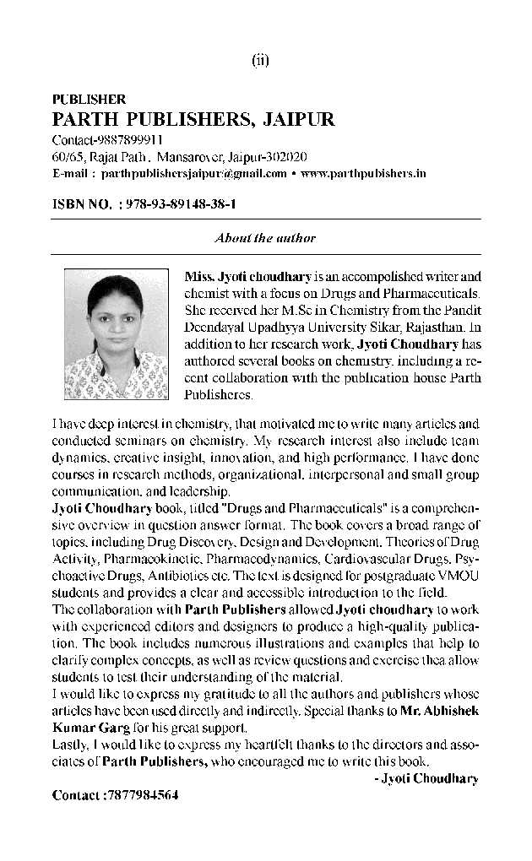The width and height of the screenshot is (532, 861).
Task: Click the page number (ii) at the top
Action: point(260,60)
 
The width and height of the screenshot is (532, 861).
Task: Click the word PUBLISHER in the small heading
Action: point(89,100)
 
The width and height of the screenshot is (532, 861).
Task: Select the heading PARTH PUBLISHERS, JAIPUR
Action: point(193,119)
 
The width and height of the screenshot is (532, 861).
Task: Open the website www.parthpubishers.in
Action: point(363,174)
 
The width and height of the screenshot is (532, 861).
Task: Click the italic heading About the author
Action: point(265,238)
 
